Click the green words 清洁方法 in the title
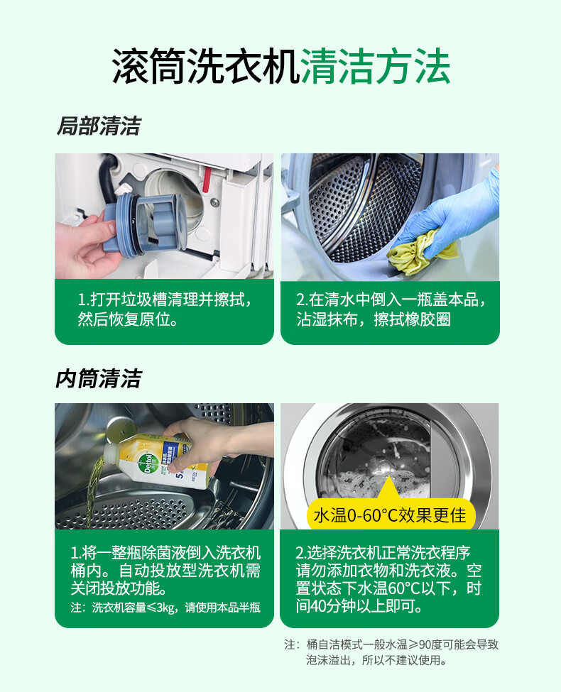point(376,67)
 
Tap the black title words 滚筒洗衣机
point(206,67)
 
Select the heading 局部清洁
point(99,126)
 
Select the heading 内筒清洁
point(99,379)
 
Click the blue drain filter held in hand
point(146,225)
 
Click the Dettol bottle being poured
point(159,461)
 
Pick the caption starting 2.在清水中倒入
point(391,309)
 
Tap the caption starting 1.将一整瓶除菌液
point(165,570)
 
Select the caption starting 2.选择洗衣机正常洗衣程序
point(388,579)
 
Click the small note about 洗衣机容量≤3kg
point(165,608)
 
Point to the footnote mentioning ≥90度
point(391,652)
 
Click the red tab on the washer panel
point(206,180)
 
